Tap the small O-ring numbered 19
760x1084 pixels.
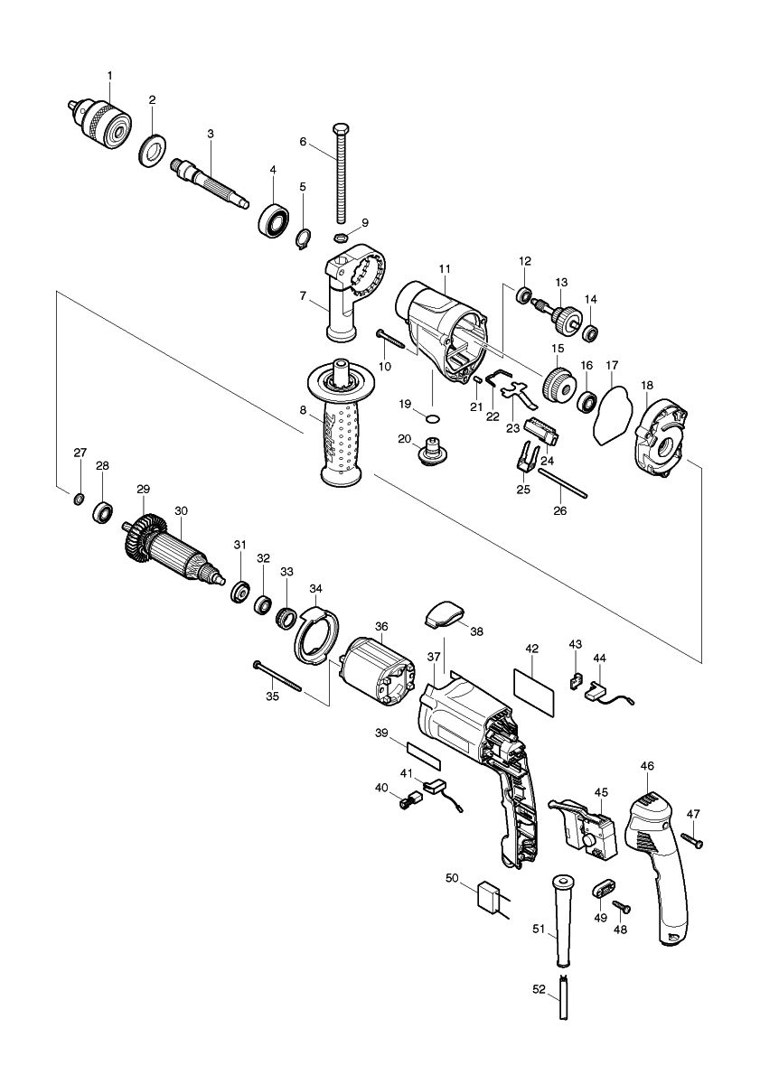pyautogui.click(x=433, y=417)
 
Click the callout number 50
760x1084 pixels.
pyautogui.click(x=454, y=876)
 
